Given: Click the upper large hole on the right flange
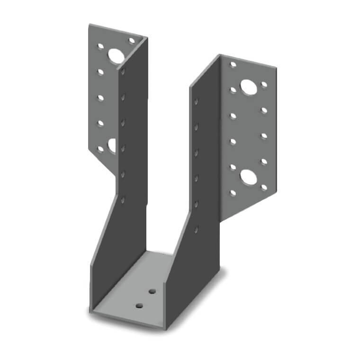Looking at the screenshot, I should tap(247, 86).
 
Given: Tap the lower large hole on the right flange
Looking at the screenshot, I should tap(247, 177).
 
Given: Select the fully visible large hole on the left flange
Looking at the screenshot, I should tap(116, 56).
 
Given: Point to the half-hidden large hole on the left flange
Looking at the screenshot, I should tap(112, 146).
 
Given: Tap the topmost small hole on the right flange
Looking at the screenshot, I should tap(233, 64).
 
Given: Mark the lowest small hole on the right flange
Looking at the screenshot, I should tap(233, 193).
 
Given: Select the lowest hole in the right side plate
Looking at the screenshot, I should tap(196, 229).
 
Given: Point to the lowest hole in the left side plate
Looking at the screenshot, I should tap(123, 200).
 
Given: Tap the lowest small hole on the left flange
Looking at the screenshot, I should tap(100, 149).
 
